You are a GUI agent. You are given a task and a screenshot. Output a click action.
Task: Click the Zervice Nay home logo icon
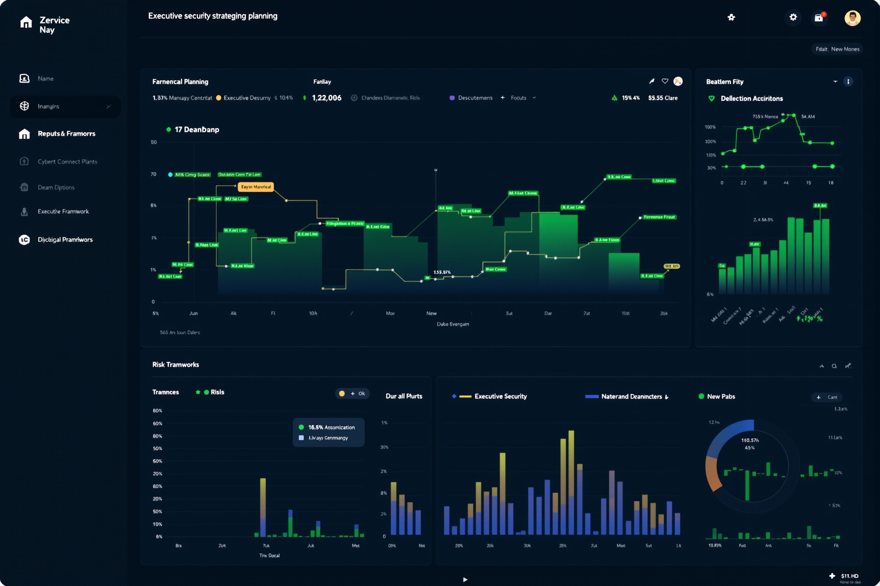click(26, 23)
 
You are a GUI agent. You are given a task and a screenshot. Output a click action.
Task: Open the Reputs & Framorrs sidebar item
click(66, 134)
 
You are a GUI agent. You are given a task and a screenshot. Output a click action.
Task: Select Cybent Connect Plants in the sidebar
click(67, 161)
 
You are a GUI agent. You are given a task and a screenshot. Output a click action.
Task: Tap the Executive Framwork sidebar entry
click(63, 212)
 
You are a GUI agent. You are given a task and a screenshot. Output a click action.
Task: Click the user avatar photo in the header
click(852, 18)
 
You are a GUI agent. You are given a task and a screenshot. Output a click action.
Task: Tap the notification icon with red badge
click(819, 18)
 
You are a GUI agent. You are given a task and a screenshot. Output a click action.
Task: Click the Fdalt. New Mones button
click(837, 49)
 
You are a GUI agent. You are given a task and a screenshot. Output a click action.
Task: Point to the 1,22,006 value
click(326, 98)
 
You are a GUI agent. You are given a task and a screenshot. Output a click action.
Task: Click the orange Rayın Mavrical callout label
click(256, 187)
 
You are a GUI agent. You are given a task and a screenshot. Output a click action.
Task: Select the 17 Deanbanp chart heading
click(196, 130)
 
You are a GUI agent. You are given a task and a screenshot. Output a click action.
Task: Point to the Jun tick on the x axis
click(194, 313)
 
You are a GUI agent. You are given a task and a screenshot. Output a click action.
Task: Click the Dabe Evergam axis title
click(453, 324)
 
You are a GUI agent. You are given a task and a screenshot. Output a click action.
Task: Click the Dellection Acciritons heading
click(751, 99)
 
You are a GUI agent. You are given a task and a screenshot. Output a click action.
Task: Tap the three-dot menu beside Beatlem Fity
click(848, 81)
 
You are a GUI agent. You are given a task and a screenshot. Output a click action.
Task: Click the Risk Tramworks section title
click(176, 364)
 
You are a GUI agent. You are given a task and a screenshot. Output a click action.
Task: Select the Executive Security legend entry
click(500, 396)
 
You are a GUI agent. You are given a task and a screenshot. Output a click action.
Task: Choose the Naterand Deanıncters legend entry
click(631, 397)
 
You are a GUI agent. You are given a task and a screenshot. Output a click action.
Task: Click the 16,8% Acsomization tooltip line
click(331, 427)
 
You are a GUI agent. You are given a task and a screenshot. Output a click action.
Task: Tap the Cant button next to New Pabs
click(827, 397)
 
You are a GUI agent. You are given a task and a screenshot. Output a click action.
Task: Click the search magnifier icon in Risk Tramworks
click(834, 366)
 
